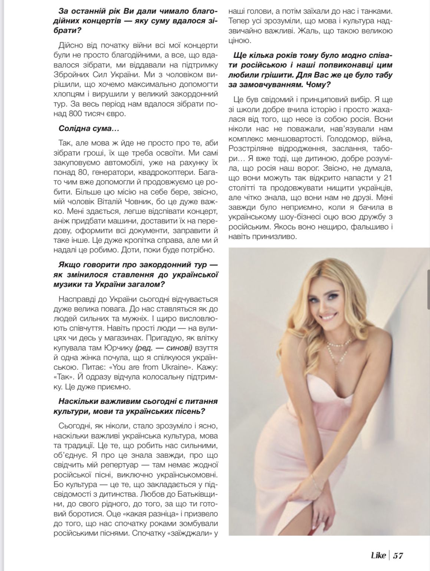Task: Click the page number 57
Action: [398, 555]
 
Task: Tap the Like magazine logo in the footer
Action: [378, 555]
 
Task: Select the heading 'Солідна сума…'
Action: [88, 129]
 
